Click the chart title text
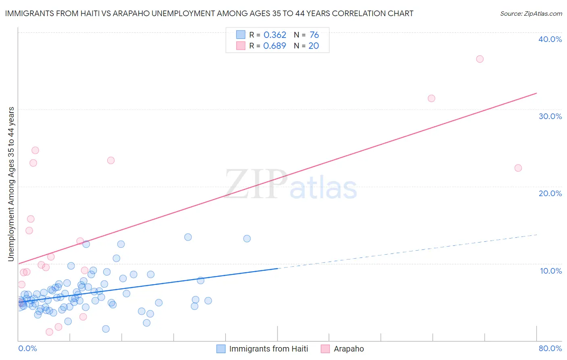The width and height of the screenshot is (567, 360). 209,13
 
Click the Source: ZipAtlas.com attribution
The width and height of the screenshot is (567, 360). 531,14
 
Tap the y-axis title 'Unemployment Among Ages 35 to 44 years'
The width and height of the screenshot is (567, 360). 11,184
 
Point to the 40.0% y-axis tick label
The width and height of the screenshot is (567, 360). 550,39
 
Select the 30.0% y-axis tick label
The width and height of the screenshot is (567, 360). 550,116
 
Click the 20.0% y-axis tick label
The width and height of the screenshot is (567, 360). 550,193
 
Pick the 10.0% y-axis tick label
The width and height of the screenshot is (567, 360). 551,271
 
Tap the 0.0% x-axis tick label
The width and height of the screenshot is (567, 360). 27,348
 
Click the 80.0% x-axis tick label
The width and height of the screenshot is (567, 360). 550,348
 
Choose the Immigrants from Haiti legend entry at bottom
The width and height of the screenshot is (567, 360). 268,349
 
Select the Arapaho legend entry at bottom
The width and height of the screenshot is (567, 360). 348,349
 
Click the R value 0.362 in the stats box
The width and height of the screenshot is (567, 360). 275,35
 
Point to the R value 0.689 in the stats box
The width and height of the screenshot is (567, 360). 275,46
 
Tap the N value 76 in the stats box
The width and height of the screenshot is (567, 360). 314,35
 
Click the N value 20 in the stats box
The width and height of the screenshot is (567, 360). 314,46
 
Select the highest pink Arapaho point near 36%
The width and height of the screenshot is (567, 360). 479,59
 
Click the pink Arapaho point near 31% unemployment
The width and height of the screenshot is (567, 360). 431,98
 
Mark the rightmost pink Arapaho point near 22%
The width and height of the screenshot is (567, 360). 518,168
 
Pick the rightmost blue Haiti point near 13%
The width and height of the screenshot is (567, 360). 247,239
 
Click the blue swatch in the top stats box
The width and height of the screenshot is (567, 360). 241,35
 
